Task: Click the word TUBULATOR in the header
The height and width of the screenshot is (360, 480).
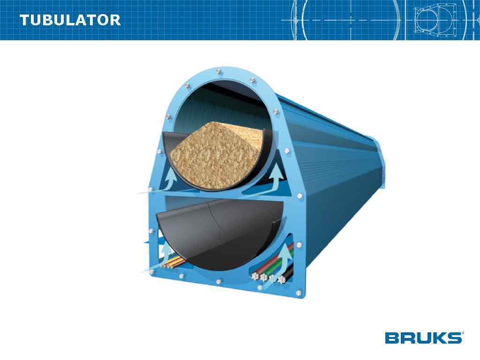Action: (70, 20)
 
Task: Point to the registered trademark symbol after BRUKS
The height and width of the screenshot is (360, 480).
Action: (463, 333)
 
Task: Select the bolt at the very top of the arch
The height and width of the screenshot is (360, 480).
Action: (219, 72)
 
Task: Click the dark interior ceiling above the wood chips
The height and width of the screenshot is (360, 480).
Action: (220, 101)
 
